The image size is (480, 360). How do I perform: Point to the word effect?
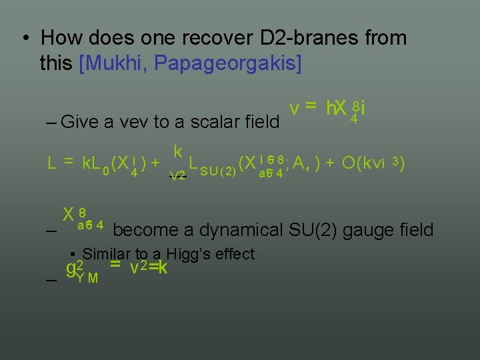(234, 254)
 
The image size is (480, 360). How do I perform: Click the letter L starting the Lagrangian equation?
(51, 162)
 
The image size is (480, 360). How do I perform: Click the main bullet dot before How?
(24, 39)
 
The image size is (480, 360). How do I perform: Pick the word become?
(140, 231)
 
